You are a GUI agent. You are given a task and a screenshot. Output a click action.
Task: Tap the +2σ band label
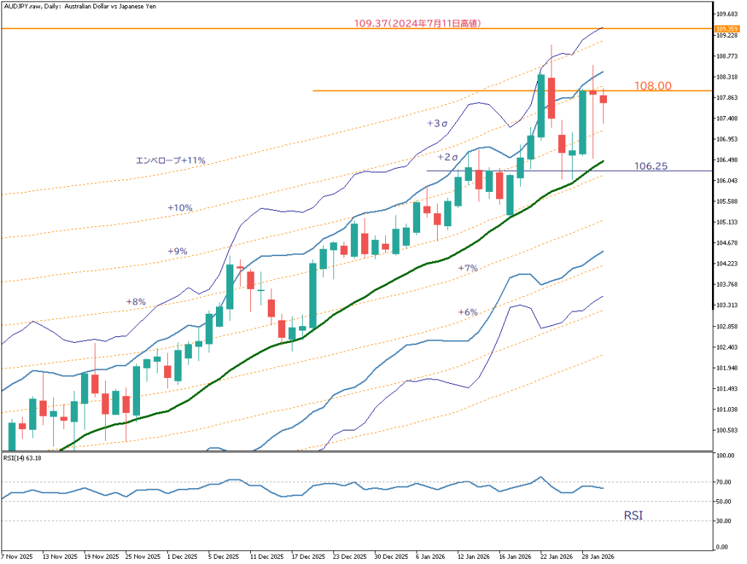pyautogui.click(x=448, y=157)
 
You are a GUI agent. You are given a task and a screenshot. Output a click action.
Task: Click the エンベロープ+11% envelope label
pyautogui.click(x=171, y=160)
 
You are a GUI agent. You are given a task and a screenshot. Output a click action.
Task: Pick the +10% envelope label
pyautogui.click(x=179, y=208)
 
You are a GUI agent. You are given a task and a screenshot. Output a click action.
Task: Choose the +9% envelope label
pyautogui.click(x=177, y=251)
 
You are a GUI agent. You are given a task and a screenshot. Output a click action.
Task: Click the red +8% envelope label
pyautogui.click(x=136, y=301)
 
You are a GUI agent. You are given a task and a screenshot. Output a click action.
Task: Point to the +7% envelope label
pyautogui.click(x=468, y=269)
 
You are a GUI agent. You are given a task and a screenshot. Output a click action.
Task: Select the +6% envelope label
pyautogui.click(x=468, y=312)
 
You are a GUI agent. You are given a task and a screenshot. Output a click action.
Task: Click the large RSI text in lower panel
pyautogui.click(x=633, y=516)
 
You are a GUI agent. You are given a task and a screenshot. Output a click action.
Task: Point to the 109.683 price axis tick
pyautogui.click(x=726, y=15)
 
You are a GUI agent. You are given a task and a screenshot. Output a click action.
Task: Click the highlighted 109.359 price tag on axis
pyautogui.click(x=726, y=28)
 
